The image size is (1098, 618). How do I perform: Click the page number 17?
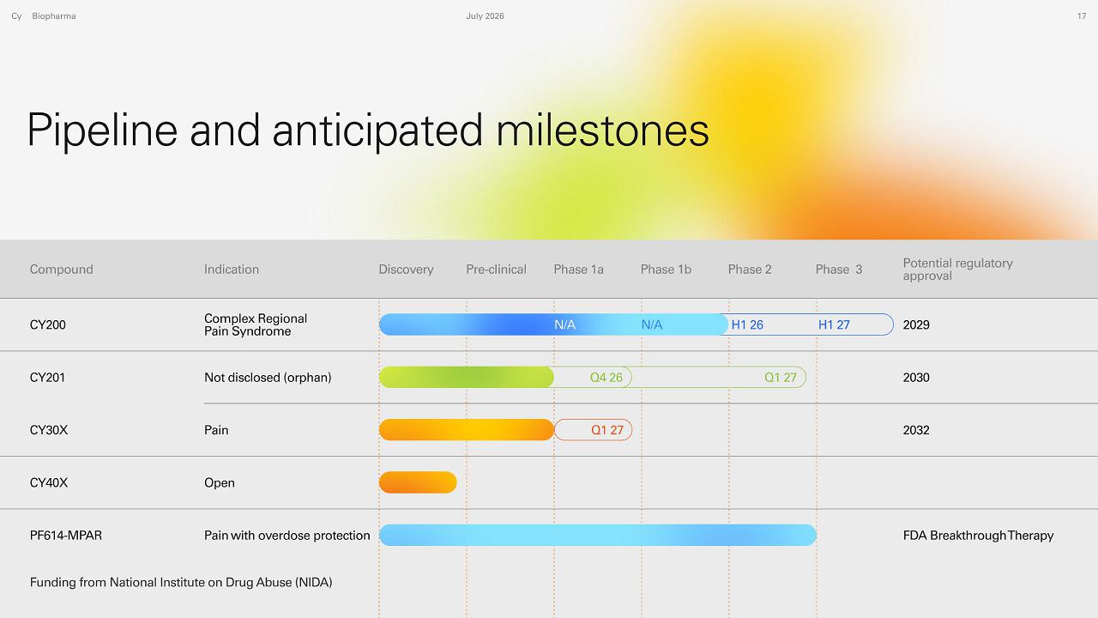tap(1082, 16)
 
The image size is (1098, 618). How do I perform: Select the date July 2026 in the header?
tap(485, 16)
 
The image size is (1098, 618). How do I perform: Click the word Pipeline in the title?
tap(102, 130)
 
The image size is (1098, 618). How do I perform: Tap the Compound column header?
tap(61, 270)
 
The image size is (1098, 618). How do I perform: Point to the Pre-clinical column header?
tap(496, 270)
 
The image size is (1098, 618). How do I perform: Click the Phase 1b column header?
tap(666, 270)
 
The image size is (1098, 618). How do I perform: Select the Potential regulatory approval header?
tap(958, 270)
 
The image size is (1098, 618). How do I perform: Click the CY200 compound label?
tap(47, 324)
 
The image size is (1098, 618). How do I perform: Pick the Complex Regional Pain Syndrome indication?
tap(256, 324)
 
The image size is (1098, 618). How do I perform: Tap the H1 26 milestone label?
tap(747, 324)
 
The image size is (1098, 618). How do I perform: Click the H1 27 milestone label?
tap(834, 324)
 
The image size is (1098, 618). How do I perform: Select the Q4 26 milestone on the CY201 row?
tap(606, 377)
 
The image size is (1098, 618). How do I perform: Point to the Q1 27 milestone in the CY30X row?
tap(606, 430)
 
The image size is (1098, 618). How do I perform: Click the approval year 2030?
tap(916, 377)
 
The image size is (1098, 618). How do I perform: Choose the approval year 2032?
tap(916, 430)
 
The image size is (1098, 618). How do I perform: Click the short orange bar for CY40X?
tap(418, 482)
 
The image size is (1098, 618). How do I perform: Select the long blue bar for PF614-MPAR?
tap(598, 535)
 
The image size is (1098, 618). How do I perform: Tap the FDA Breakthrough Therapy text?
tap(978, 535)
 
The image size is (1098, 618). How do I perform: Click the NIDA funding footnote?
tap(181, 582)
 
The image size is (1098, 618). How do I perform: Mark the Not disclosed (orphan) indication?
tap(268, 377)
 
